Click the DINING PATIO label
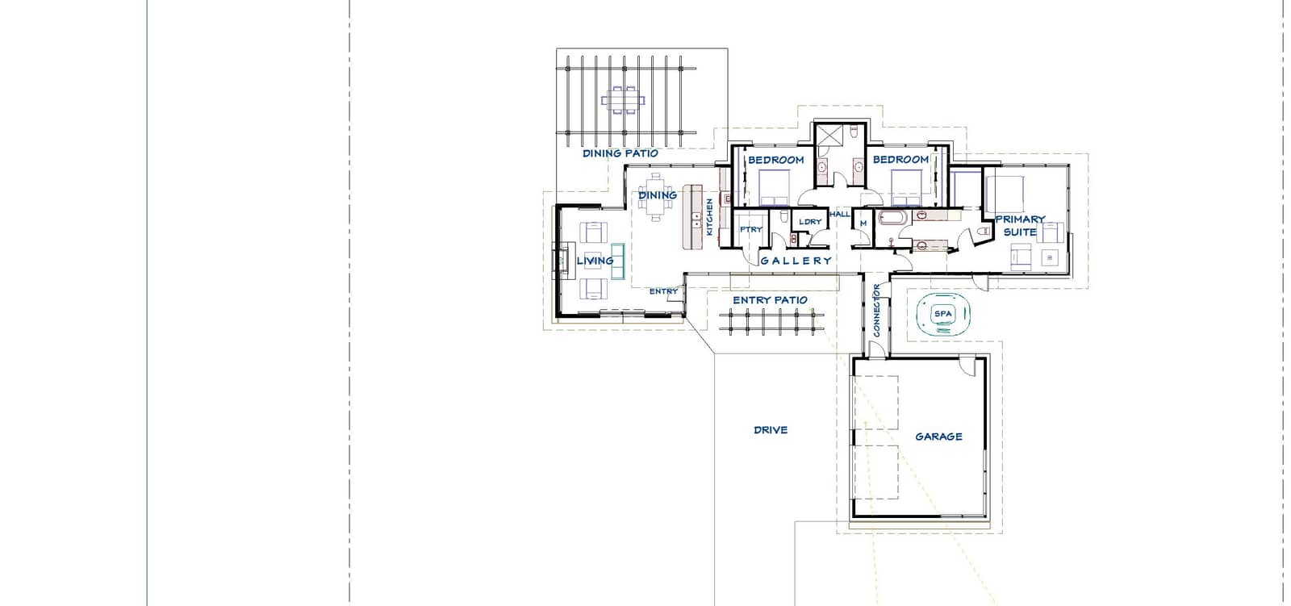click(x=620, y=153)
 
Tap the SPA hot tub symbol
click(x=943, y=314)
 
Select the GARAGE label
click(x=939, y=437)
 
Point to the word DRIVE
click(x=771, y=429)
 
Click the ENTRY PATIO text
click(x=770, y=300)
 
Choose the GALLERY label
click(x=796, y=261)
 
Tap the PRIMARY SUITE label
click(x=1020, y=225)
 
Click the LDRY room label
click(x=810, y=221)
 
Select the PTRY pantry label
click(x=751, y=229)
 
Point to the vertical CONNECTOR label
click(x=876, y=310)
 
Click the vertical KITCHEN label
click(x=709, y=217)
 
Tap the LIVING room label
click(x=595, y=261)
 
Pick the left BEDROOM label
click(x=775, y=160)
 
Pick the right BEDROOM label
click(x=900, y=159)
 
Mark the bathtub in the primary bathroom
click(x=893, y=218)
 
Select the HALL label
click(x=840, y=214)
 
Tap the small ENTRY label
click(x=663, y=291)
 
